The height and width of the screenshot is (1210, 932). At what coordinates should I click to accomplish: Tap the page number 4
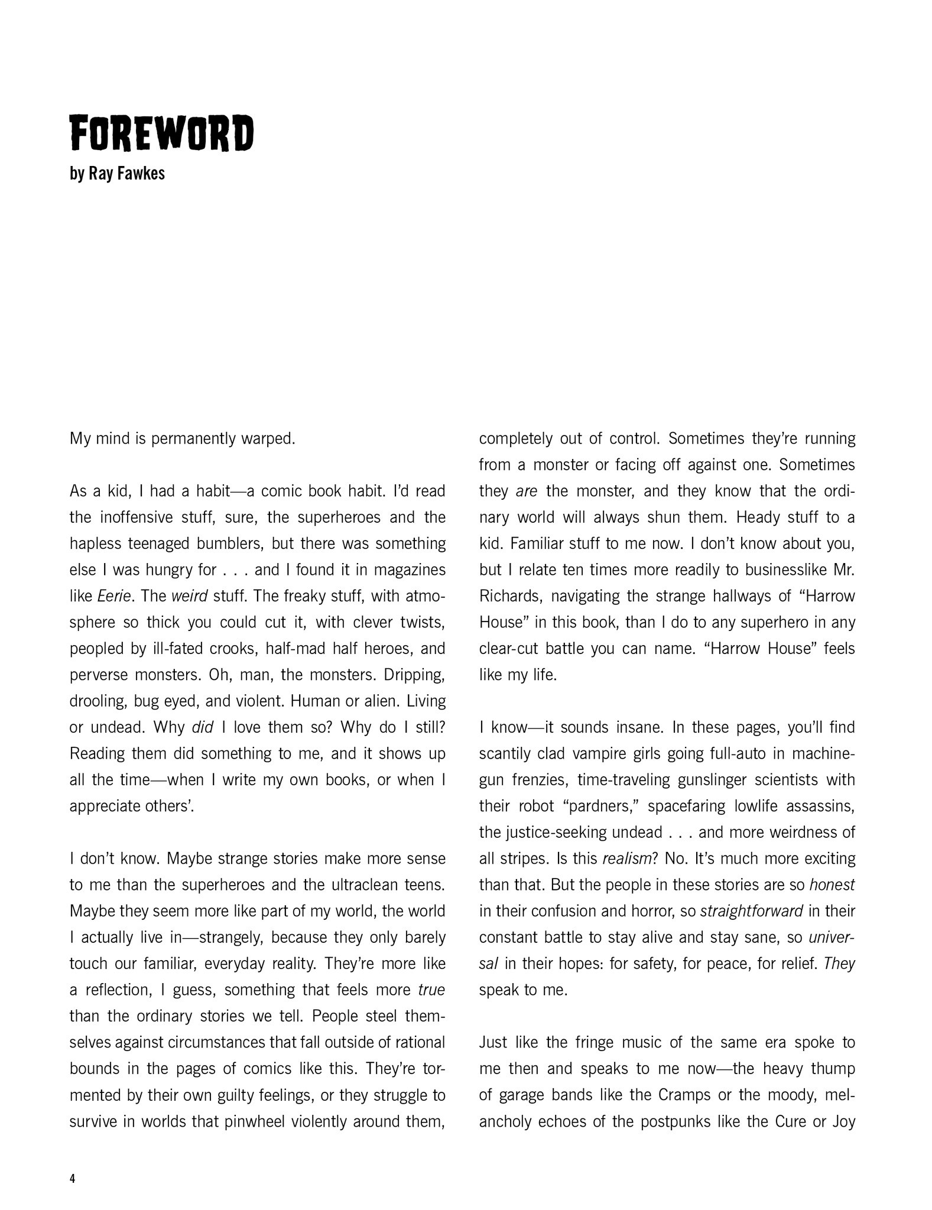pyautogui.click(x=73, y=1179)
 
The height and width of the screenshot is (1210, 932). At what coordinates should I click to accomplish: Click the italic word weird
pyautogui.click(x=189, y=596)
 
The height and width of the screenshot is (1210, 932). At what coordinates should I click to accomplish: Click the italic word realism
pyautogui.click(x=626, y=858)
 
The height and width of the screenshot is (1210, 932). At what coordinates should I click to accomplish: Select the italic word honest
pyautogui.click(x=832, y=884)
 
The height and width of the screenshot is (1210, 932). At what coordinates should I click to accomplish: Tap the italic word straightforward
pyautogui.click(x=751, y=911)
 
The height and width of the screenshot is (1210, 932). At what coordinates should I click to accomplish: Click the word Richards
pyautogui.click(x=510, y=596)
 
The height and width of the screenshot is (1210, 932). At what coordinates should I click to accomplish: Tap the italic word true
pyautogui.click(x=431, y=990)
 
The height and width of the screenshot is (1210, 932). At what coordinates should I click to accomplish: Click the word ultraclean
pyautogui.click(x=361, y=884)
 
